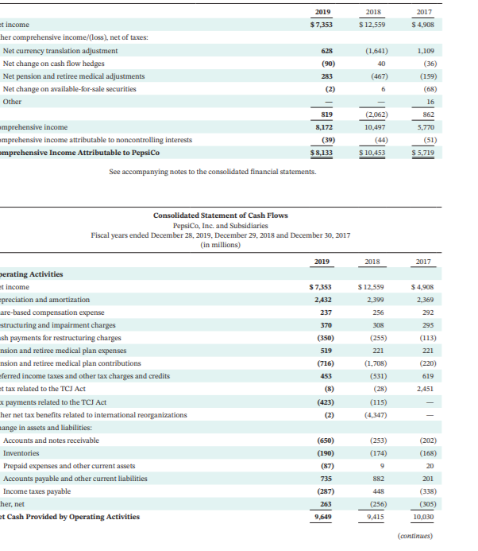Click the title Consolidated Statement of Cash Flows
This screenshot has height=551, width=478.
point(220,215)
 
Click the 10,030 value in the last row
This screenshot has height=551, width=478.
point(422,517)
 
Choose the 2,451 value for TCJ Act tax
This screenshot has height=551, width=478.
point(424,390)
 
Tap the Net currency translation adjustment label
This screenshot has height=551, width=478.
point(60,51)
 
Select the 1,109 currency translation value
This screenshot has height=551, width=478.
point(425,51)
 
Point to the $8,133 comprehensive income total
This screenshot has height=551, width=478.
point(320,153)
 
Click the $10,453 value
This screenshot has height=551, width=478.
point(372,153)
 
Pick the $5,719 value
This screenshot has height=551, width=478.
point(422,153)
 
